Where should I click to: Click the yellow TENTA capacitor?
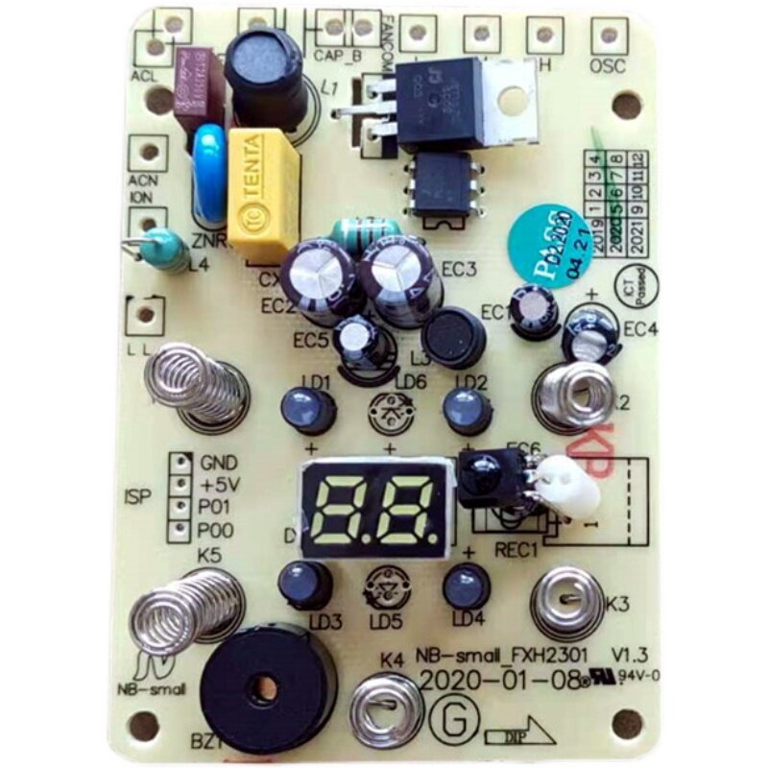pyautogui.click(x=263, y=194)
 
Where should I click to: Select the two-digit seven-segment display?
pyautogui.click(x=375, y=506)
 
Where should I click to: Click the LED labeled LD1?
pyautogui.click(x=308, y=410)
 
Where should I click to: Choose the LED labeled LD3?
pyautogui.click(x=305, y=583)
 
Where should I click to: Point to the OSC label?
pyautogui.click(x=608, y=66)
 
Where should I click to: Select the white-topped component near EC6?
pyautogui.click(x=566, y=483)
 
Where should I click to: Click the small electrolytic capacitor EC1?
pyautogui.click(x=531, y=309)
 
